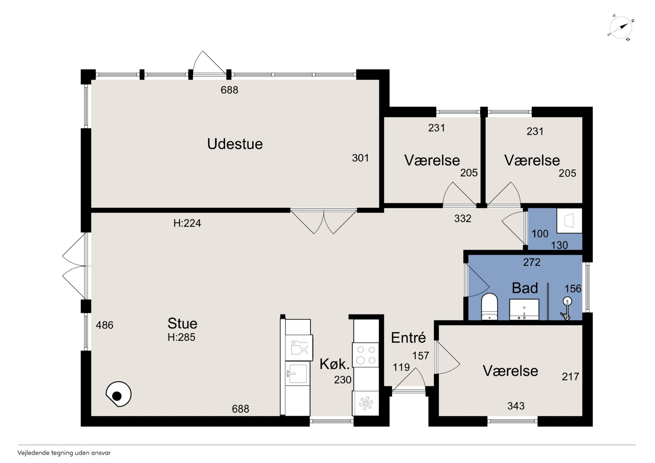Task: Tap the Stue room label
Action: tap(182, 323)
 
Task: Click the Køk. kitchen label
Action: tap(334, 364)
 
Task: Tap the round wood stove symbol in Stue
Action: tap(118, 395)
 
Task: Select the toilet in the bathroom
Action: tap(489, 307)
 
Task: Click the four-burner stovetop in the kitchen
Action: tap(366, 355)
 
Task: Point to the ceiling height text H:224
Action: tap(187, 223)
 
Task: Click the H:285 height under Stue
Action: tap(181, 337)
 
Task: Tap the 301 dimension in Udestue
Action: tap(360, 158)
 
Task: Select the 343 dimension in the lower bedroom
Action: tap(516, 406)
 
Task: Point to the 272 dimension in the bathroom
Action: tap(532, 262)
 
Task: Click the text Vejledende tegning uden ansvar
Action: tap(64, 453)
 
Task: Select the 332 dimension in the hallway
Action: tap(463, 218)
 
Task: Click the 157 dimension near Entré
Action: tap(420, 356)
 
